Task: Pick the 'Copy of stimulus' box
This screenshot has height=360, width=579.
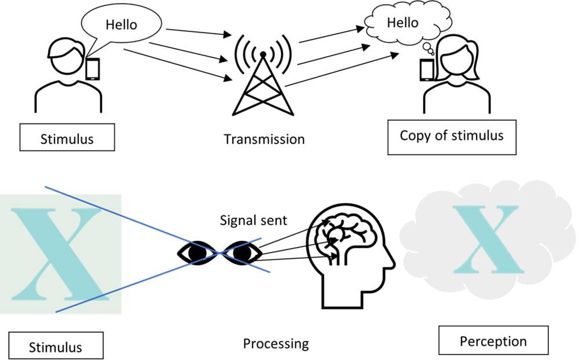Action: coord(452,137)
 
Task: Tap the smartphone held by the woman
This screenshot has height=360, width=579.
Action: coord(427,69)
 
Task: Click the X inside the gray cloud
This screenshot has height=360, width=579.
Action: coord(485,238)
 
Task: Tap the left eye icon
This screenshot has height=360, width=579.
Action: coord(196,253)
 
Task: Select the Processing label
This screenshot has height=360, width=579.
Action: coord(276,344)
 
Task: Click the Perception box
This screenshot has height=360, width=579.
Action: coord(493,341)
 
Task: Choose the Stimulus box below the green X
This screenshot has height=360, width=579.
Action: coord(56,347)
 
